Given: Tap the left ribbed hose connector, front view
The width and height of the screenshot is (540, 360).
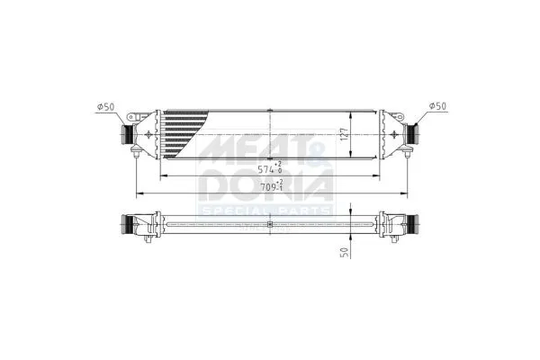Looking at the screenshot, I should point(126,134).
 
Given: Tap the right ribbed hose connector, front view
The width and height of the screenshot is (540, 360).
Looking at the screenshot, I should point(415,134).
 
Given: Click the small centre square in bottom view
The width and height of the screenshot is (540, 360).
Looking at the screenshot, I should point(270,223).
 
